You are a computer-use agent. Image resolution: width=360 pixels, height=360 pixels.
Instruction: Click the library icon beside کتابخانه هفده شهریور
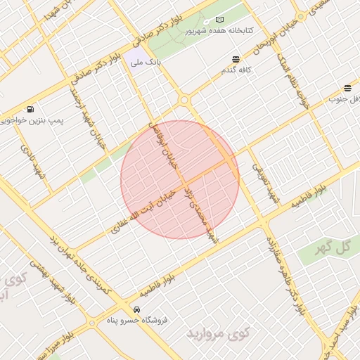[x=219, y=20]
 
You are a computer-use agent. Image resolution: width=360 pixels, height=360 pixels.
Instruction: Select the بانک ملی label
[x=145, y=63]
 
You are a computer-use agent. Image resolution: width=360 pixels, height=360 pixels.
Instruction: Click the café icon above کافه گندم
[x=235, y=59]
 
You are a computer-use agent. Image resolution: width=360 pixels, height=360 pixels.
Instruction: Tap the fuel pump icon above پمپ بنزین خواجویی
[x=30, y=109]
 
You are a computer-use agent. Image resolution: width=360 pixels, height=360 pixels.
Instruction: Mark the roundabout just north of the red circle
[x=184, y=101]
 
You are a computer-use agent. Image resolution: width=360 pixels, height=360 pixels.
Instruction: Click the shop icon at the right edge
[x=348, y=88]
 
